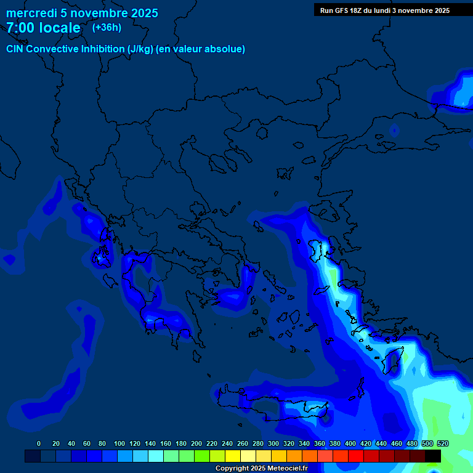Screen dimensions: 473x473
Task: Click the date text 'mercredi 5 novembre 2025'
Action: click(x=81, y=13)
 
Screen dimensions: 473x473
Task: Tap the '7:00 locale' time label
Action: click(x=43, y=28)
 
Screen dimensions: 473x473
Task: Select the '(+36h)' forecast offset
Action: click(x=107, y=28)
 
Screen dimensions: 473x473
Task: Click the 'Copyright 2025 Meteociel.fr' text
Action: click(x=261, y=468)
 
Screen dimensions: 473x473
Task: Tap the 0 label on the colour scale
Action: click(x=39, y=443)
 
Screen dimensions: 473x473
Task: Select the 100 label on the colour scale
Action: click(x=119, y=443)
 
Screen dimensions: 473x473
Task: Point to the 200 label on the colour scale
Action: click(x=196, y=443)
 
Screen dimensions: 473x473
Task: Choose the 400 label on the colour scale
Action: click(x=350, y=443)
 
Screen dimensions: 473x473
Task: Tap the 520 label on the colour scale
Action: click(x=442, y=443)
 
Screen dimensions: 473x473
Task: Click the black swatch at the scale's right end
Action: click(x=433, y=456)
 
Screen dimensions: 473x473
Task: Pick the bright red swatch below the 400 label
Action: click(x=356, y=456)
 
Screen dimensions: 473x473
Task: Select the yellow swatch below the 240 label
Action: click(x=232, y=456)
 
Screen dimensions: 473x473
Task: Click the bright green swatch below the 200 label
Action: click(x=201, y=456)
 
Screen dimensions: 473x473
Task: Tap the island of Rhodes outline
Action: click(x=392, y=360)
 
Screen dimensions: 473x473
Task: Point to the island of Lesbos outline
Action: click(x=318, y=250)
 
